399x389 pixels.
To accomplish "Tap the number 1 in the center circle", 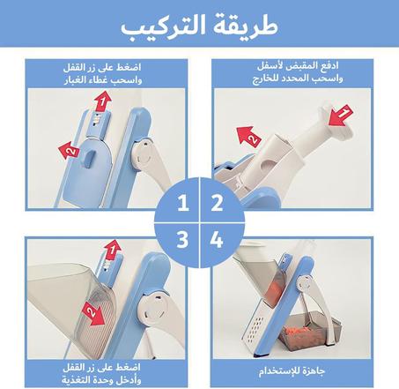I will (x=182, y=205).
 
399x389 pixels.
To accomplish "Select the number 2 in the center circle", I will (x=216, y=205).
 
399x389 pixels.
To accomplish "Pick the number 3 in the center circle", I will (x=182, y=238).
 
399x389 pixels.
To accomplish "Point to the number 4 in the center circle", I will (x=216, y=238).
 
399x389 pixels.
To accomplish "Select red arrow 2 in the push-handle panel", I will (x=248, y=136).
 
